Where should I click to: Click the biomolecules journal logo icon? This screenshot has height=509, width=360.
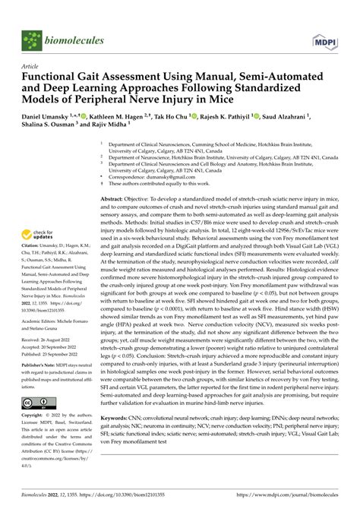32,38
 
